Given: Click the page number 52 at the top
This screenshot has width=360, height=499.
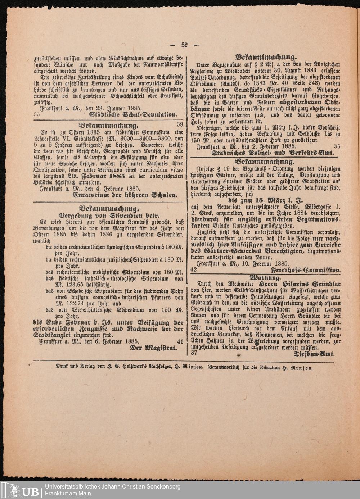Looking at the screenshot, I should [x=185, y=45].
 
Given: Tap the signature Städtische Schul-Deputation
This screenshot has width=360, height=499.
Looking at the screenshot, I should [x=133, y=115].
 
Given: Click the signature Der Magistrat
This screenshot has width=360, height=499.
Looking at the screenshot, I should [x=154, y=348].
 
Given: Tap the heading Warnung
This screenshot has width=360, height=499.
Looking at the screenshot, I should [x=265, y=277].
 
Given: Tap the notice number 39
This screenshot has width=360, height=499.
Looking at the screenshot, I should [x=180, y=124].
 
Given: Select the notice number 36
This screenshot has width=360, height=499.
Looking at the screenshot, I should [x=337, y=146].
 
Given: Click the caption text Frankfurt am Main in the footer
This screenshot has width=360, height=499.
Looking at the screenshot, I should [x=68, y=493].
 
